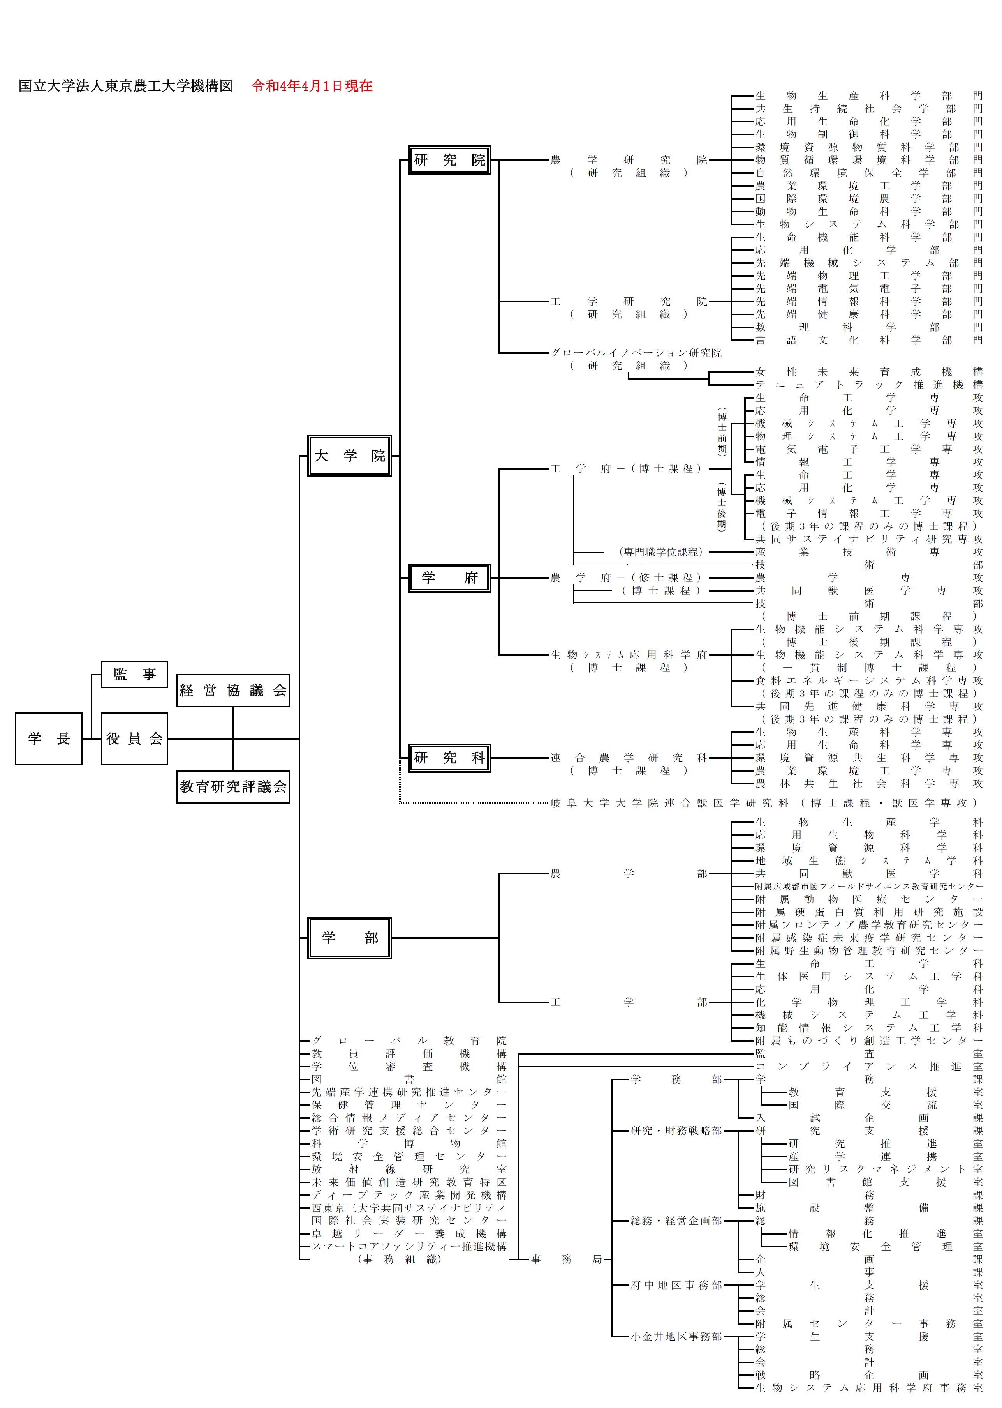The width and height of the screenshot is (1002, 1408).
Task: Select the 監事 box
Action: click(134, 674)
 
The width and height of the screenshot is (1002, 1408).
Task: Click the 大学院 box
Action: click(349, 456)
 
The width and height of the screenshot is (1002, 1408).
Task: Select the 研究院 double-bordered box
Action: click(449, 160)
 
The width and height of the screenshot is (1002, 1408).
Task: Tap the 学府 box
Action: click(449, 578)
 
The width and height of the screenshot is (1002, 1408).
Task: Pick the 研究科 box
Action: click(449, 758)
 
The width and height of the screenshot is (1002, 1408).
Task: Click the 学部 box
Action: click(349, 938)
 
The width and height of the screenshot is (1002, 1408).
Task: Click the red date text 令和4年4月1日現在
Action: click(312, 86)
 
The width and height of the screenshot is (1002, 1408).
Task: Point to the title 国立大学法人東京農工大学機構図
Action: click(126, 86)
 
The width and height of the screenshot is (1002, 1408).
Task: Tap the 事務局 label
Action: click(566, 1259)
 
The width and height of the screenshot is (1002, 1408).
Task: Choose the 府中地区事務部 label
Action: click(676, 1285)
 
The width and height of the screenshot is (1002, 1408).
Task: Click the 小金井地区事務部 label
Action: click(676, 1336)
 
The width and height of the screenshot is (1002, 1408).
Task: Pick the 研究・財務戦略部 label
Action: click(676, 1131)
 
